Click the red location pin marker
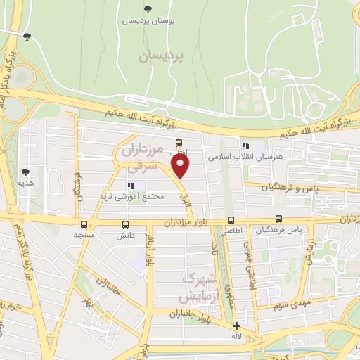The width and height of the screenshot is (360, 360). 181,166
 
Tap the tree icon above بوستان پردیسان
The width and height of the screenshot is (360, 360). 147,9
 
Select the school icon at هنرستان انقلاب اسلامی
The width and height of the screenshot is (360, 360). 245,146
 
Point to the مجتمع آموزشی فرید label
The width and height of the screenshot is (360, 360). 133,196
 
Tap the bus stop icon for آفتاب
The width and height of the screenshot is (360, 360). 179,141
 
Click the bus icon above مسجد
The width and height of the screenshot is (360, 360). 85,225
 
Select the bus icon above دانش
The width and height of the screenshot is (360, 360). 125,225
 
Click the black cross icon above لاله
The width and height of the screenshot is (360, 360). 236,326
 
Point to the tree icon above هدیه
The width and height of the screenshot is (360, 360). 26,171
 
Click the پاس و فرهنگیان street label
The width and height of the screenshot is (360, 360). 286,188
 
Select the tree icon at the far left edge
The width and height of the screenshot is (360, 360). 27,37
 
